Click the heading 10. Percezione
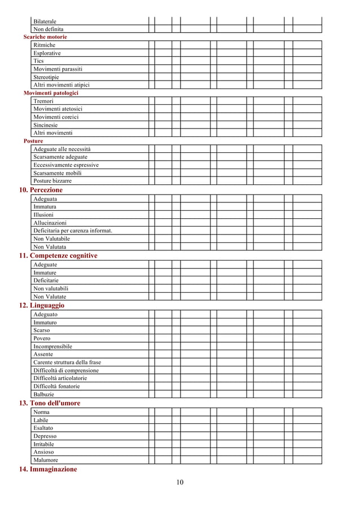(41, 190)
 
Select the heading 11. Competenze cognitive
(58, 255)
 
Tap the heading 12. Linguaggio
(42, 305)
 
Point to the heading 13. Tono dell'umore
(50, 403)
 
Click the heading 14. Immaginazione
(48, 469)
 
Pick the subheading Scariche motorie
(45, 37)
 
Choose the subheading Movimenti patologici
(51, 92)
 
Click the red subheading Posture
(33, 141)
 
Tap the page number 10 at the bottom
(179, 482)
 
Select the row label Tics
(38, 61)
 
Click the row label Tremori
(43, 101)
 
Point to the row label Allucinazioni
(50, 223)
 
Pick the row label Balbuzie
(44, 395)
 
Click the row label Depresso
(45, 436)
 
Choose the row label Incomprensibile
(52, 346)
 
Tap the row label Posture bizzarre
(52, 181)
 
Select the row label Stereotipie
(46, 77)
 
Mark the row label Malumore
(46, 460)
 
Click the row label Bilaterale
(45, 21)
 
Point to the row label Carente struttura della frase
(67, 362)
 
